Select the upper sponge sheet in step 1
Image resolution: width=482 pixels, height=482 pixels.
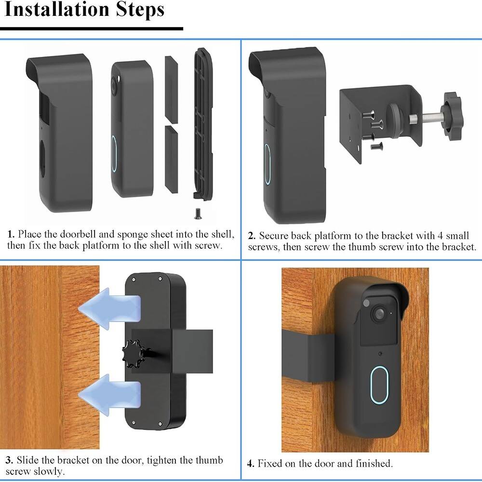(171, 88)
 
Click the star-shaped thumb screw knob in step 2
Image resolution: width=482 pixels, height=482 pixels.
(453, 117)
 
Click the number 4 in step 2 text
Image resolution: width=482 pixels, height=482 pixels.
(439, 236)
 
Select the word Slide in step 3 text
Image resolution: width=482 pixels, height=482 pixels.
(29, 460)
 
